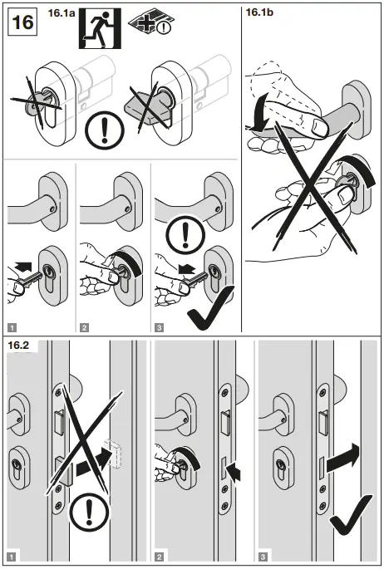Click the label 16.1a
click(x=63, y=13)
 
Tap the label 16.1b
click(x=262, y=12)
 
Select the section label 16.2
click(x=20, y=344)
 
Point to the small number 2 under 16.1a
click(x=84, y=328)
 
